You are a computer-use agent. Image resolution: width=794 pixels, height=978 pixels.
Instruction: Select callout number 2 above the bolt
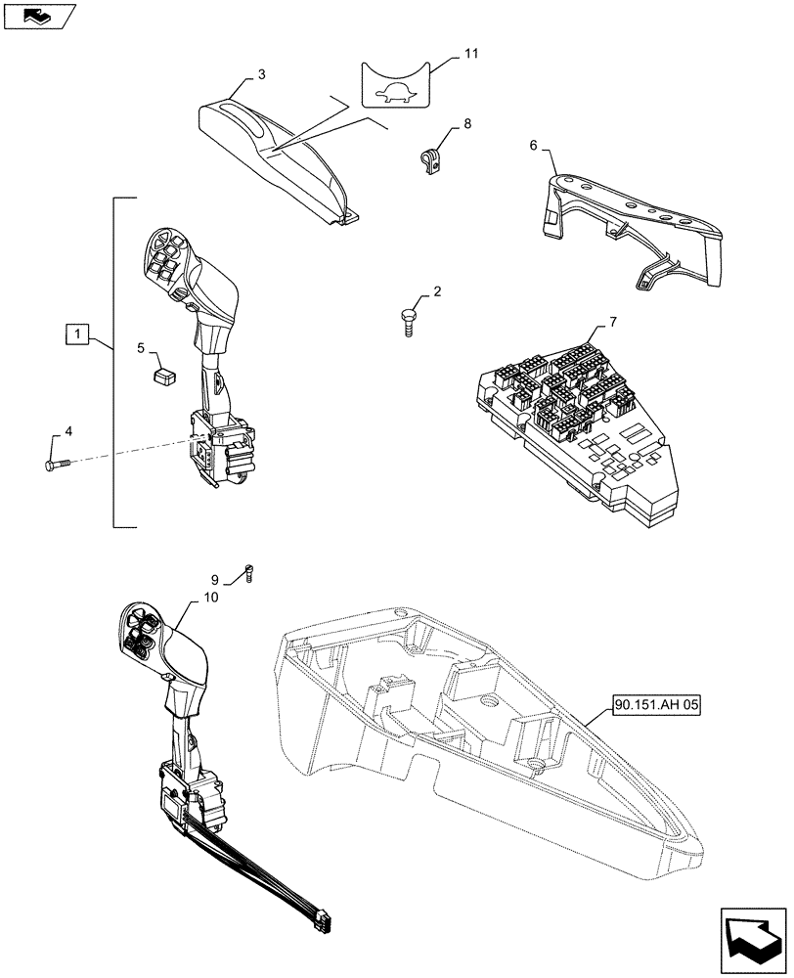[436, 291]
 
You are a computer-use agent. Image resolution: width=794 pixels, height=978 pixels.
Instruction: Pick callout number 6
[533, 145]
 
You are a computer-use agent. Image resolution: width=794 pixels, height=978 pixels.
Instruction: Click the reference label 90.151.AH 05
[659, 703]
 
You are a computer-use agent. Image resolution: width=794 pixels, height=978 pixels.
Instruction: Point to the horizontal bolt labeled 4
[57, 466]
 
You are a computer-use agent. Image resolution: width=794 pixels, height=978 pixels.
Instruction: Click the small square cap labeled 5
[164, 373]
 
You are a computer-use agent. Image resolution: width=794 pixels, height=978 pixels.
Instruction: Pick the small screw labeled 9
[248, 572]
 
